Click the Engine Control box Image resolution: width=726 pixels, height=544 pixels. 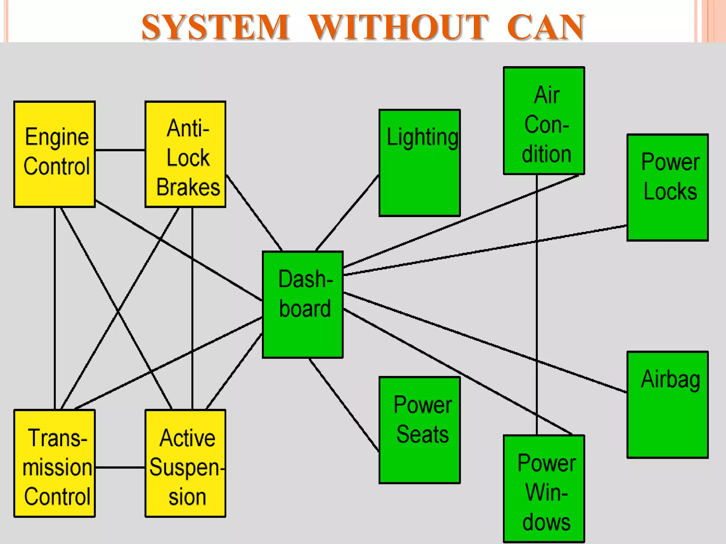coord(55,154)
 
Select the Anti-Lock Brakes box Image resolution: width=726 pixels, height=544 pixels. coord(185,154)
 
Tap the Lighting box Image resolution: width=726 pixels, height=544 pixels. coord(420,163)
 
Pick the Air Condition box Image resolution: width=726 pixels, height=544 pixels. coord(544,120)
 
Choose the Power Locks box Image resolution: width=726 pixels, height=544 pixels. coord(668,188)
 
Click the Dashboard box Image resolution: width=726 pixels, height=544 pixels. coord(303,305)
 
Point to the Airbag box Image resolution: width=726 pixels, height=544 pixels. coord(668,405)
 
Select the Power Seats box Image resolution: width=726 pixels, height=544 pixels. coord(420,430)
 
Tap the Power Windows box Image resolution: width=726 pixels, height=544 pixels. coord(544,489)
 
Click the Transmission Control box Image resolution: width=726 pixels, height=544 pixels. coord(55,463)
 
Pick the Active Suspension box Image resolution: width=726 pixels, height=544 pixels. coord(185,463)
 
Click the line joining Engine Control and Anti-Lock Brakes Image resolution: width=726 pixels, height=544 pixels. coord(120,150)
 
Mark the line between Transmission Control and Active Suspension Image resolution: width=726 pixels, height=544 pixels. coord(120,467)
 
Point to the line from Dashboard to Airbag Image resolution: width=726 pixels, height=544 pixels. coord(486,342)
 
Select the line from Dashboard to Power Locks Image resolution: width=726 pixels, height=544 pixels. coord(486,250)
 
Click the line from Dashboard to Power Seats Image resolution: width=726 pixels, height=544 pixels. coord(344,405)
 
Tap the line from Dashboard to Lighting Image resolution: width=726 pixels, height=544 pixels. coord(347,212)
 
